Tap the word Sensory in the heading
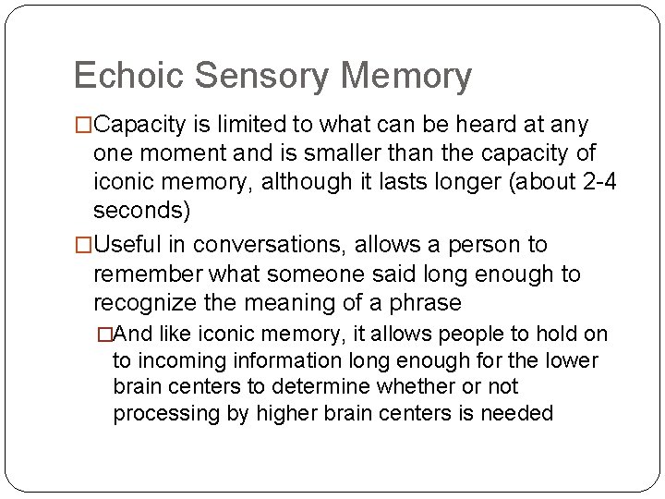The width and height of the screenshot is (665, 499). point(264,78)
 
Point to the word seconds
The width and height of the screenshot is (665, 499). point(141,211)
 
